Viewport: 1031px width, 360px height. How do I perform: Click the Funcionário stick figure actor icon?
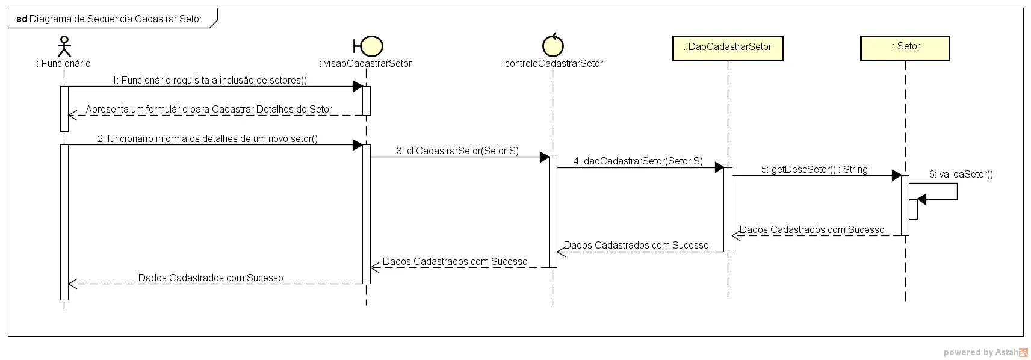[x=64, y=46]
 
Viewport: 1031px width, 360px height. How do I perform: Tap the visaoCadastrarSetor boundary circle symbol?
[x=371, y=46]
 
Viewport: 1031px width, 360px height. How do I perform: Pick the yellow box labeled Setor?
[x=905, y=48]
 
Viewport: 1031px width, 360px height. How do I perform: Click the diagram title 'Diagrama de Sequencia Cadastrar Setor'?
[x=116, y=19]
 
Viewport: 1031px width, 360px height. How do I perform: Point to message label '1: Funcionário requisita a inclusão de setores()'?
[x=209, y=80]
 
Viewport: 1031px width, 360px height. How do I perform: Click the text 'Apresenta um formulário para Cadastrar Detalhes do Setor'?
[x=209, y=109]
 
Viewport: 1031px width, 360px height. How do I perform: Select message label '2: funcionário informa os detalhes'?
[x=208, y=138]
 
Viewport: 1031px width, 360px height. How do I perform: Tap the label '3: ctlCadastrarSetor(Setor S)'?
[x=457, y=151]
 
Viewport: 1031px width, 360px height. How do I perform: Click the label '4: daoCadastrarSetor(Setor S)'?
[x=638, y=161]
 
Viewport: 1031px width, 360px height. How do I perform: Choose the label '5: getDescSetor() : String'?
[x=814, y=169]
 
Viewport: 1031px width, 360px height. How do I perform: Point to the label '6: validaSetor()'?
[x=961, y=174]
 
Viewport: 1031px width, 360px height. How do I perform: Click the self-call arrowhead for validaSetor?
[x=921, y=200]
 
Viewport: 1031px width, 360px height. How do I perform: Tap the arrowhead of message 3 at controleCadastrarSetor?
[x=544, y=157]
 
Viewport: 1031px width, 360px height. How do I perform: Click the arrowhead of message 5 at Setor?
[x=896, y=176]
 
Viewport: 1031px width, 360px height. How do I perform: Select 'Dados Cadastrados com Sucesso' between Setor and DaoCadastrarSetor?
[x=812, y=229]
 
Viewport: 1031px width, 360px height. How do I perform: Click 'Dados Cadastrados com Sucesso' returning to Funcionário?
[x=211, y=278]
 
